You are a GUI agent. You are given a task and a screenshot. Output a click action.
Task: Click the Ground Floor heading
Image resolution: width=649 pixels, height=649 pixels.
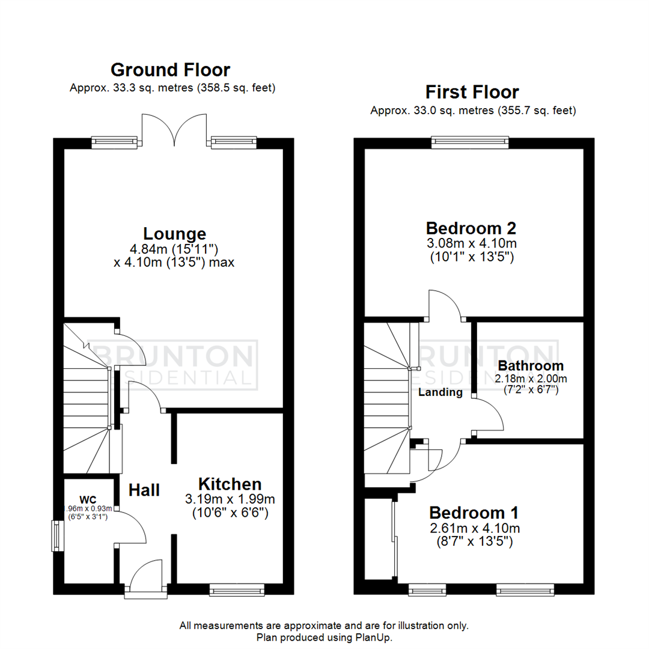pyautogui.click(x=170, y=70)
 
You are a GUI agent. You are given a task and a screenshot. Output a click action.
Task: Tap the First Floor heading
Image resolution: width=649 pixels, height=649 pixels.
pyautogui.click(x=472, y=92)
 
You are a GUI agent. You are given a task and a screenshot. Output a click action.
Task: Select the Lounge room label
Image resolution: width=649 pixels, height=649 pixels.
pyautogui.click(x=174, y=233)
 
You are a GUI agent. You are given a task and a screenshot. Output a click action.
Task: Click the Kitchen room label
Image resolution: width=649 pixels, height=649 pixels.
pyautogui.click(x=230, y=484)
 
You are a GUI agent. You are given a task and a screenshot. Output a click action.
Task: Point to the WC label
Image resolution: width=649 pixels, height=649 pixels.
pyautogui.click(x=87, y=499)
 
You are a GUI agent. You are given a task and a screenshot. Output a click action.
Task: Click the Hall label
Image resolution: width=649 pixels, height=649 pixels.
pyautogui.click(x=144, y=490)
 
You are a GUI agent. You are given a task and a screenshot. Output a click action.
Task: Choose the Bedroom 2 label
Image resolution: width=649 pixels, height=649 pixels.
pyautogui.click(x=471, y=228)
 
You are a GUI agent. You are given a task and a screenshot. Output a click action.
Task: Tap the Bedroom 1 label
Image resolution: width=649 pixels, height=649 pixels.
pyautogui.click(x=474, y=513)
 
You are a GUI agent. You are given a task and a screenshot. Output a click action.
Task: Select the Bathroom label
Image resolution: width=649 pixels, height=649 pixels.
pyautogui.click(x=531, y=365)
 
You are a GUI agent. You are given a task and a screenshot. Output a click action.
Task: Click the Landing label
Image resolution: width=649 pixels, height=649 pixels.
pyautogui.click(x=441, y=392)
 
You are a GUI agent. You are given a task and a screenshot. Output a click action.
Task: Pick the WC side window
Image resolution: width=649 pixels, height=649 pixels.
pyautogui.click(x=57, y=535)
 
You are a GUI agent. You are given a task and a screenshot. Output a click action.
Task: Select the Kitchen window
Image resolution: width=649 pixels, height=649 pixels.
pyautogui.click(x=236, y=591)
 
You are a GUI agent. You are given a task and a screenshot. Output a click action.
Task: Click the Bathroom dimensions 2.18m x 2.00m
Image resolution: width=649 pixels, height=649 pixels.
pyautogui.click(x=531, y=379)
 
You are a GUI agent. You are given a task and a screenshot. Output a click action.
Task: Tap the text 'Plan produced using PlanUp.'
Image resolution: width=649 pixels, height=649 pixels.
pyautogui.click(x=324, y=637)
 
